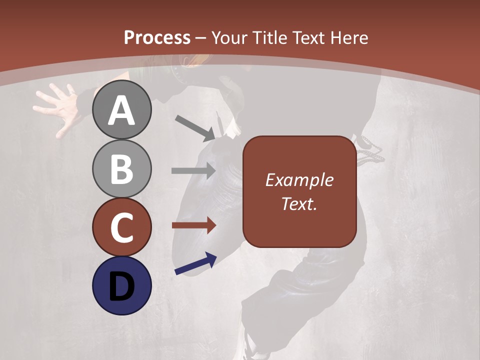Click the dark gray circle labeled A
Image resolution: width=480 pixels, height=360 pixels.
(121, 109)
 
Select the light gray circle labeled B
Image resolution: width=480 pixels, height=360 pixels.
(121, 168)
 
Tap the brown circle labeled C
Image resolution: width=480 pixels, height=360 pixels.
(121, 227)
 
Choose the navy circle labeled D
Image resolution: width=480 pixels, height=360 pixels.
(121, 285)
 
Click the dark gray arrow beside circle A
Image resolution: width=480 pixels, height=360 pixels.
(195, 127)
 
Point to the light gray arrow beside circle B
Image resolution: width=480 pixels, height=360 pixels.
(193, 170)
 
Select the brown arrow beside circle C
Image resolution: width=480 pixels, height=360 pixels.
(193, 225)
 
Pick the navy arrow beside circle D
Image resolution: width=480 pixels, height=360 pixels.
(195, 263)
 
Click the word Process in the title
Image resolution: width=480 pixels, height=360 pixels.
(157, 37)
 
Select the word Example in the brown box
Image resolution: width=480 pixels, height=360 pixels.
(299, 180)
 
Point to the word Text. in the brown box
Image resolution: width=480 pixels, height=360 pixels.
(299, 203)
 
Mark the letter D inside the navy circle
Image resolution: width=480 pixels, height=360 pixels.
(121, 286)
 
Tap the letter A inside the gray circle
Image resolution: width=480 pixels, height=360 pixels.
(121, 110)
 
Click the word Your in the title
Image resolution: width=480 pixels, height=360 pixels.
(228, 37)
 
